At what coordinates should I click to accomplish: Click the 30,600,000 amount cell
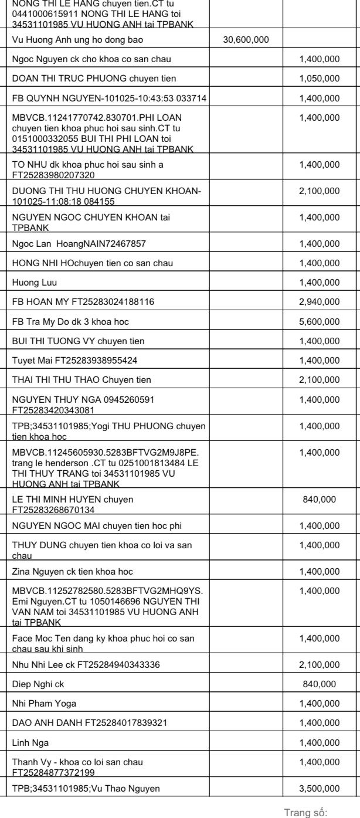(x=246, y=40)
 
